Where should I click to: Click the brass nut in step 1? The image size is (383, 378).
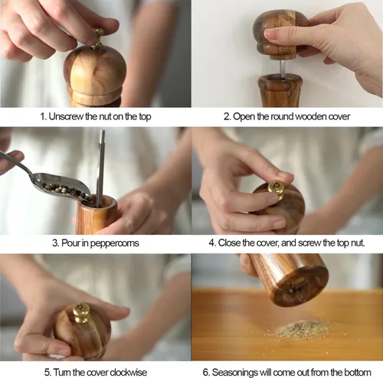[x=97, y=38]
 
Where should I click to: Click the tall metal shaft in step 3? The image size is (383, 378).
[x=100, y=168]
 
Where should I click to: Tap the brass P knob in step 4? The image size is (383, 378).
[x=277, y=189]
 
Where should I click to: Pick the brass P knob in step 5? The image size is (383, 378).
[x=81, y=313]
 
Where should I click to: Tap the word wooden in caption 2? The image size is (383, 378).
[x=311, y=116]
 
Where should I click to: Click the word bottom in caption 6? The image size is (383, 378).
[x=358, y=373]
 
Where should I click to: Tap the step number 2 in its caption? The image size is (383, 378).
[x=227, y=116]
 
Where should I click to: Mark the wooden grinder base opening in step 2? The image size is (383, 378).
[x=280, y=78]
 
